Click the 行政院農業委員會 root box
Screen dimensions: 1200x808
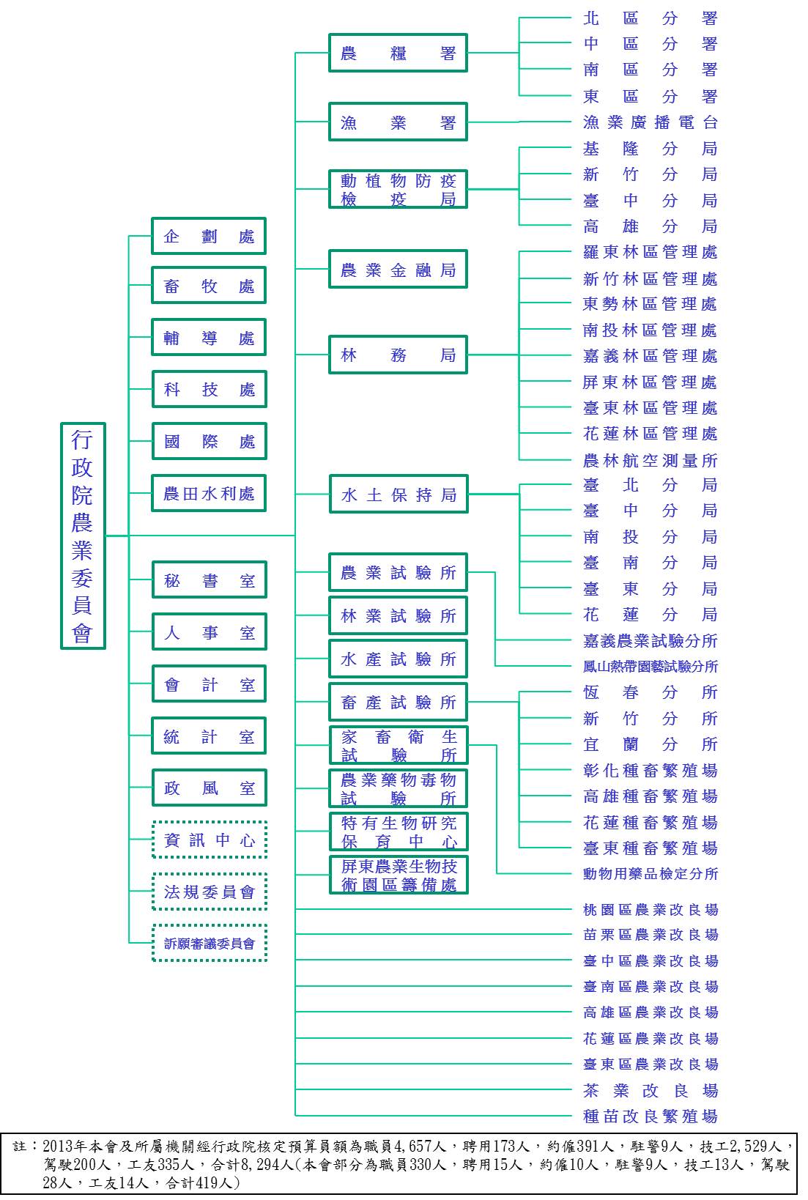point(83,536)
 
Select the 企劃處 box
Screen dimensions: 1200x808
point(209,237)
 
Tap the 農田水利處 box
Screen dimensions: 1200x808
point(209,494)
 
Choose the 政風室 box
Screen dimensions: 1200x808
point(209,788)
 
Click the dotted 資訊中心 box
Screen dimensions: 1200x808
point(210,840)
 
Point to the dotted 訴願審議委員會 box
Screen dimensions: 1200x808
point(210,944)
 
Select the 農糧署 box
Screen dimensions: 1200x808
point(398,53)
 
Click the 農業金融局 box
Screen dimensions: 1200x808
point(398,270)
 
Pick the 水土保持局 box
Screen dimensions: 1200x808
point(398,495)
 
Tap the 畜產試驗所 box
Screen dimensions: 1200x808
point(398,703)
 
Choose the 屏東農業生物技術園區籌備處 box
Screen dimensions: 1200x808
point(398,875)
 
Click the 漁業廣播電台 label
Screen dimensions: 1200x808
point(650,122)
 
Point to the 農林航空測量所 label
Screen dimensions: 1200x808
point(650,460)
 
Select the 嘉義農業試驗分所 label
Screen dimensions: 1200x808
point(650,641)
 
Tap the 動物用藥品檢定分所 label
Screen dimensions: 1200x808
point(650,874)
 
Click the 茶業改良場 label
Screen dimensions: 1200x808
point(650,1091)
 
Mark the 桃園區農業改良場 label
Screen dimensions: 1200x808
point(650,910)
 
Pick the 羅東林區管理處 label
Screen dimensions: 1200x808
point(650,252)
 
